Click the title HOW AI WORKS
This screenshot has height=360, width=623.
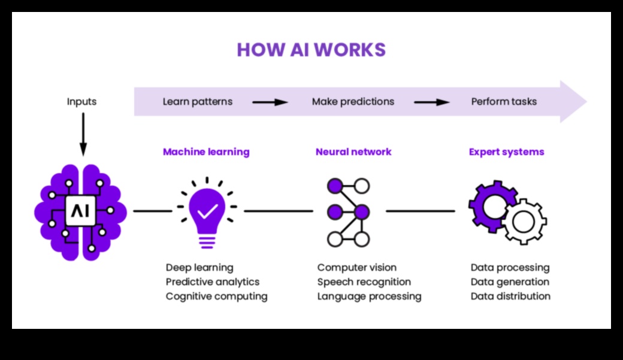311,50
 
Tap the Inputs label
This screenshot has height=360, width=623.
81,101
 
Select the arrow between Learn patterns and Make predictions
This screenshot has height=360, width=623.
270,102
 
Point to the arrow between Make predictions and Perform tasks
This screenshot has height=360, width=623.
432,102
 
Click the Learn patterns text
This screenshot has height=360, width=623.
198,101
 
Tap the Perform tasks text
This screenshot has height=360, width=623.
504,101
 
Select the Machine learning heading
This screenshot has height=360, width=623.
206,152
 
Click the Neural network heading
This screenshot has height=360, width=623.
353,152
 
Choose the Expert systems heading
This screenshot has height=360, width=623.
506,152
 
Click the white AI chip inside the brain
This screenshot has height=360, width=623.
80,210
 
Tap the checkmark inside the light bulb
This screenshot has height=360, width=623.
207,210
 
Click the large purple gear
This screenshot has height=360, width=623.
492,205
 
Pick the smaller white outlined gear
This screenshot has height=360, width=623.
524,222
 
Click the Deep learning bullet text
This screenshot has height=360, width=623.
199,267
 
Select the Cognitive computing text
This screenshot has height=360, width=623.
216,296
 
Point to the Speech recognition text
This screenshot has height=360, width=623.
364,282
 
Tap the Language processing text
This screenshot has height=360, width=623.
369,296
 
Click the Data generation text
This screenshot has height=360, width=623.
510,282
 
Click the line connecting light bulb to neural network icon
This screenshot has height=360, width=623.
278,211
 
